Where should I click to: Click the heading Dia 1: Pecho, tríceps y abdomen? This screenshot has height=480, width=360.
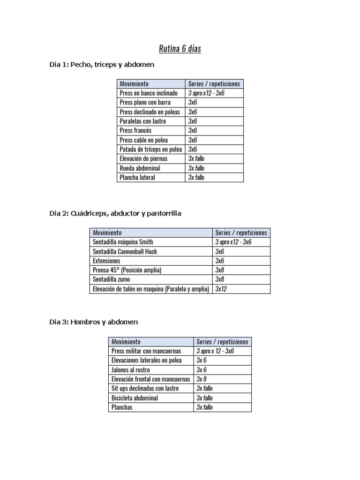tap(102, 65)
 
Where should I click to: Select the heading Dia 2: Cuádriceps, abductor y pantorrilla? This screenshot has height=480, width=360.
tap(115, 213)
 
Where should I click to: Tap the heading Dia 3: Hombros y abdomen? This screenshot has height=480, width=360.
tap(94, 322)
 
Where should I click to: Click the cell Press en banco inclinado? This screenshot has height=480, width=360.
tap(149, 93)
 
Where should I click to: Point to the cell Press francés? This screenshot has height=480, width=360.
tap(135, 131)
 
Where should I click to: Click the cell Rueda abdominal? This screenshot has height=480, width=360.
tap(140, 168)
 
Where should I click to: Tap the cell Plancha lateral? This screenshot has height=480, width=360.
tap(137, 178)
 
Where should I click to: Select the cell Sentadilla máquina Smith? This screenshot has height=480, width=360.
tap(123, 242)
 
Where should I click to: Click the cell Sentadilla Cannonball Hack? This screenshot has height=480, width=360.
tap(125, 251)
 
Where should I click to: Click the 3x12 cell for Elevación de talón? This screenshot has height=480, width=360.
tap(221, 289)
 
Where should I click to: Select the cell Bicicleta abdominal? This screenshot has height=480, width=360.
tap(135, 398)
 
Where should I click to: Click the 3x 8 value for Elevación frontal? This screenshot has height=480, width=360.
tap(202, 379)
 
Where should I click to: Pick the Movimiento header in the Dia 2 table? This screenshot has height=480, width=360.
tap(107, 232)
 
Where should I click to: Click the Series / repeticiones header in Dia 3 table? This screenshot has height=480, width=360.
tap(222, 342)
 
